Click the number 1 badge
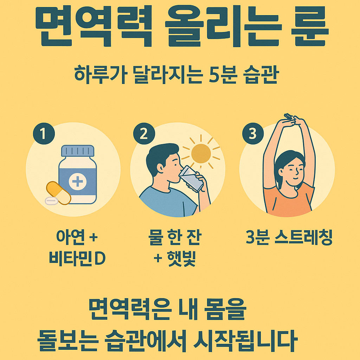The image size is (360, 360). coord(44,134)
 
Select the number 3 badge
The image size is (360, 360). coord(252,134)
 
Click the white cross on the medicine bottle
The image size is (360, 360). coord(77,181)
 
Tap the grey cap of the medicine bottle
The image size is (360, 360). coord(78,151)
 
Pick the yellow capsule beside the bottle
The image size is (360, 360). coord(59,193)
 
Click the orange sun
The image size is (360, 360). coord(201,153)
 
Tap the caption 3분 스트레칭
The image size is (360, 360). coord(289,238)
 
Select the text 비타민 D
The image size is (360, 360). coord(77,259)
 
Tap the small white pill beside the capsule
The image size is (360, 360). coord(52,201)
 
